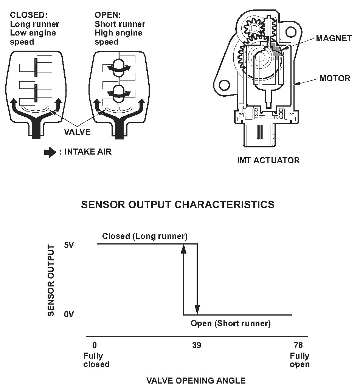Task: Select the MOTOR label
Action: coord(335,79)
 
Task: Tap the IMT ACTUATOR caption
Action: coord(268,160)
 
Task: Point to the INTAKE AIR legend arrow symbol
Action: coord(50,152)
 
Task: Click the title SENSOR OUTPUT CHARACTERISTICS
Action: coord(178,204)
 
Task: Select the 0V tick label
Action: coord(69,314)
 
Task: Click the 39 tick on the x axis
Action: coord(196,345)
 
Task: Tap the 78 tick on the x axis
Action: coord(298,345)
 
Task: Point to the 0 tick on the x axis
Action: coord(95,345)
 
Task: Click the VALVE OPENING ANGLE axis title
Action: coord(196,380)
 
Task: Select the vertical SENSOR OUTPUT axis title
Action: coord(52,280)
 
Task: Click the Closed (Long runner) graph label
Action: coord(145,237)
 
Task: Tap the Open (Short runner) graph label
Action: coord(231,323)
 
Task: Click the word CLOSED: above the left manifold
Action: coord(28,15)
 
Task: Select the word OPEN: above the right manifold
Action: coord(107,15)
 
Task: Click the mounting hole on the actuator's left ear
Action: coord(224,84)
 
